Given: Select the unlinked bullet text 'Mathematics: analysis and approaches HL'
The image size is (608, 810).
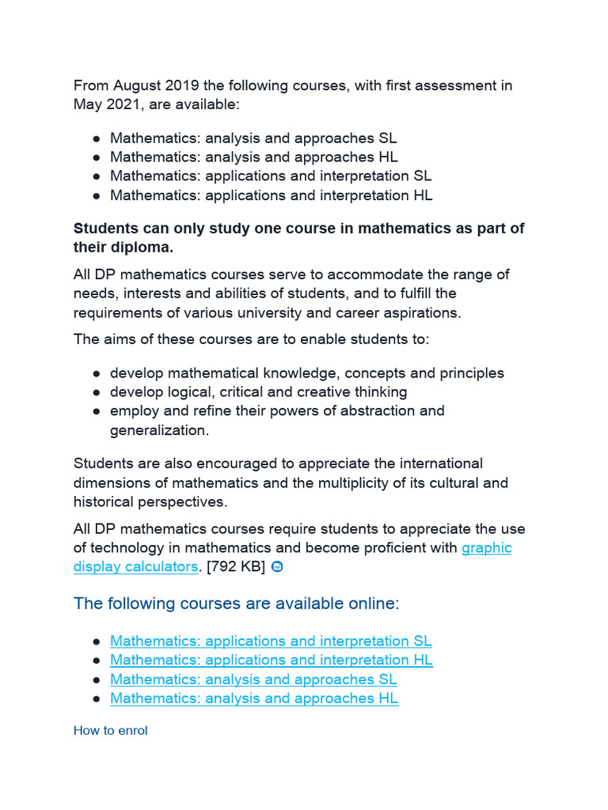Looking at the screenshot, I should click(254, 157).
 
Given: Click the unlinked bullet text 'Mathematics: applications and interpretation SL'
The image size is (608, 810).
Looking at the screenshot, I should click(271, 176).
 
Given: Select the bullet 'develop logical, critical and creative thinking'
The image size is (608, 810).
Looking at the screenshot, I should click(259, 392).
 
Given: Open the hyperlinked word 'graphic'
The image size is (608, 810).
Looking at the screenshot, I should click(486, 547).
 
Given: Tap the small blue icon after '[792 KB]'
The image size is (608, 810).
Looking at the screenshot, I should click(277, 566).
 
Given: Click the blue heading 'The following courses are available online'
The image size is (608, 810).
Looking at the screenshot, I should click(234, 604).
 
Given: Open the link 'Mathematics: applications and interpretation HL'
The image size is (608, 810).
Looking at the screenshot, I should click(272, 660).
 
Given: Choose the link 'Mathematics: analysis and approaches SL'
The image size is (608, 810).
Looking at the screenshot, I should click(253, 679).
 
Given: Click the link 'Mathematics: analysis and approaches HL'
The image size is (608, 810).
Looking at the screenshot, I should click(254, 698).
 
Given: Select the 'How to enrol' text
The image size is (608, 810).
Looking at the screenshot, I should click(110, 731).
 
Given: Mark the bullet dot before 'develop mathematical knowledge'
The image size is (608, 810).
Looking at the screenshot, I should click(96, 373).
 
